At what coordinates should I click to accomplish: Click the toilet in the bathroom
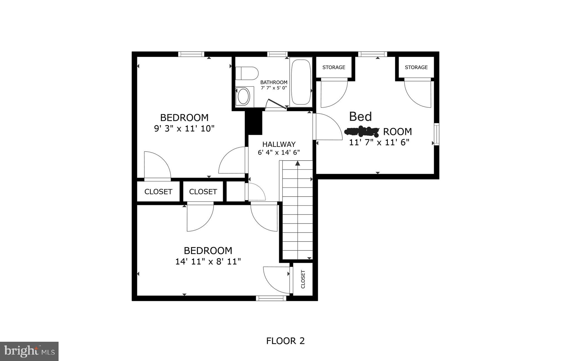247,73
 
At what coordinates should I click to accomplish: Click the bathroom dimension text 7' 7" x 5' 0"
274,88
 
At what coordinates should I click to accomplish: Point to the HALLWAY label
279,144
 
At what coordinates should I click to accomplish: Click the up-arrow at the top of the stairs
297,163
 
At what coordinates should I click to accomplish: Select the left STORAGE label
334,67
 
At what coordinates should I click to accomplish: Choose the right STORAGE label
416,67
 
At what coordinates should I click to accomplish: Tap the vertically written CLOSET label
303,279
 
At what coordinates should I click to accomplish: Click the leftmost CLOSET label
158,192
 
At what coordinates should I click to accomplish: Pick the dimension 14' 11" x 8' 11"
208,262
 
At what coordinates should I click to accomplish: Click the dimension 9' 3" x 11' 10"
184,128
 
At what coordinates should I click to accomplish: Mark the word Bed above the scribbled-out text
360,116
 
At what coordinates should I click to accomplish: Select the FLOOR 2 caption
285,341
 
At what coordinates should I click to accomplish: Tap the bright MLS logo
29,351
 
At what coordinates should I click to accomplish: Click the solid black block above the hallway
253,123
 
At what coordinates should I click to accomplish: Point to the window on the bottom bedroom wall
271,298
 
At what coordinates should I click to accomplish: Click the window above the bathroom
277,54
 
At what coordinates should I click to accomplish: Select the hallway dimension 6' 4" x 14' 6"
279,153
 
